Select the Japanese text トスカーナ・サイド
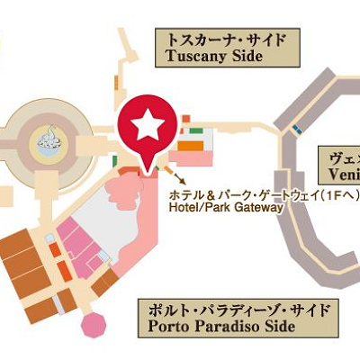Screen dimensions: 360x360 (x=221, y=40)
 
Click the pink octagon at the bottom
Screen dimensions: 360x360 (x=92, y=325)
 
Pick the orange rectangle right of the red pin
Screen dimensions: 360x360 (x=189, y=143)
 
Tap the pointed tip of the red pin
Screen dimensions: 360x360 (x=143, y=167)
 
